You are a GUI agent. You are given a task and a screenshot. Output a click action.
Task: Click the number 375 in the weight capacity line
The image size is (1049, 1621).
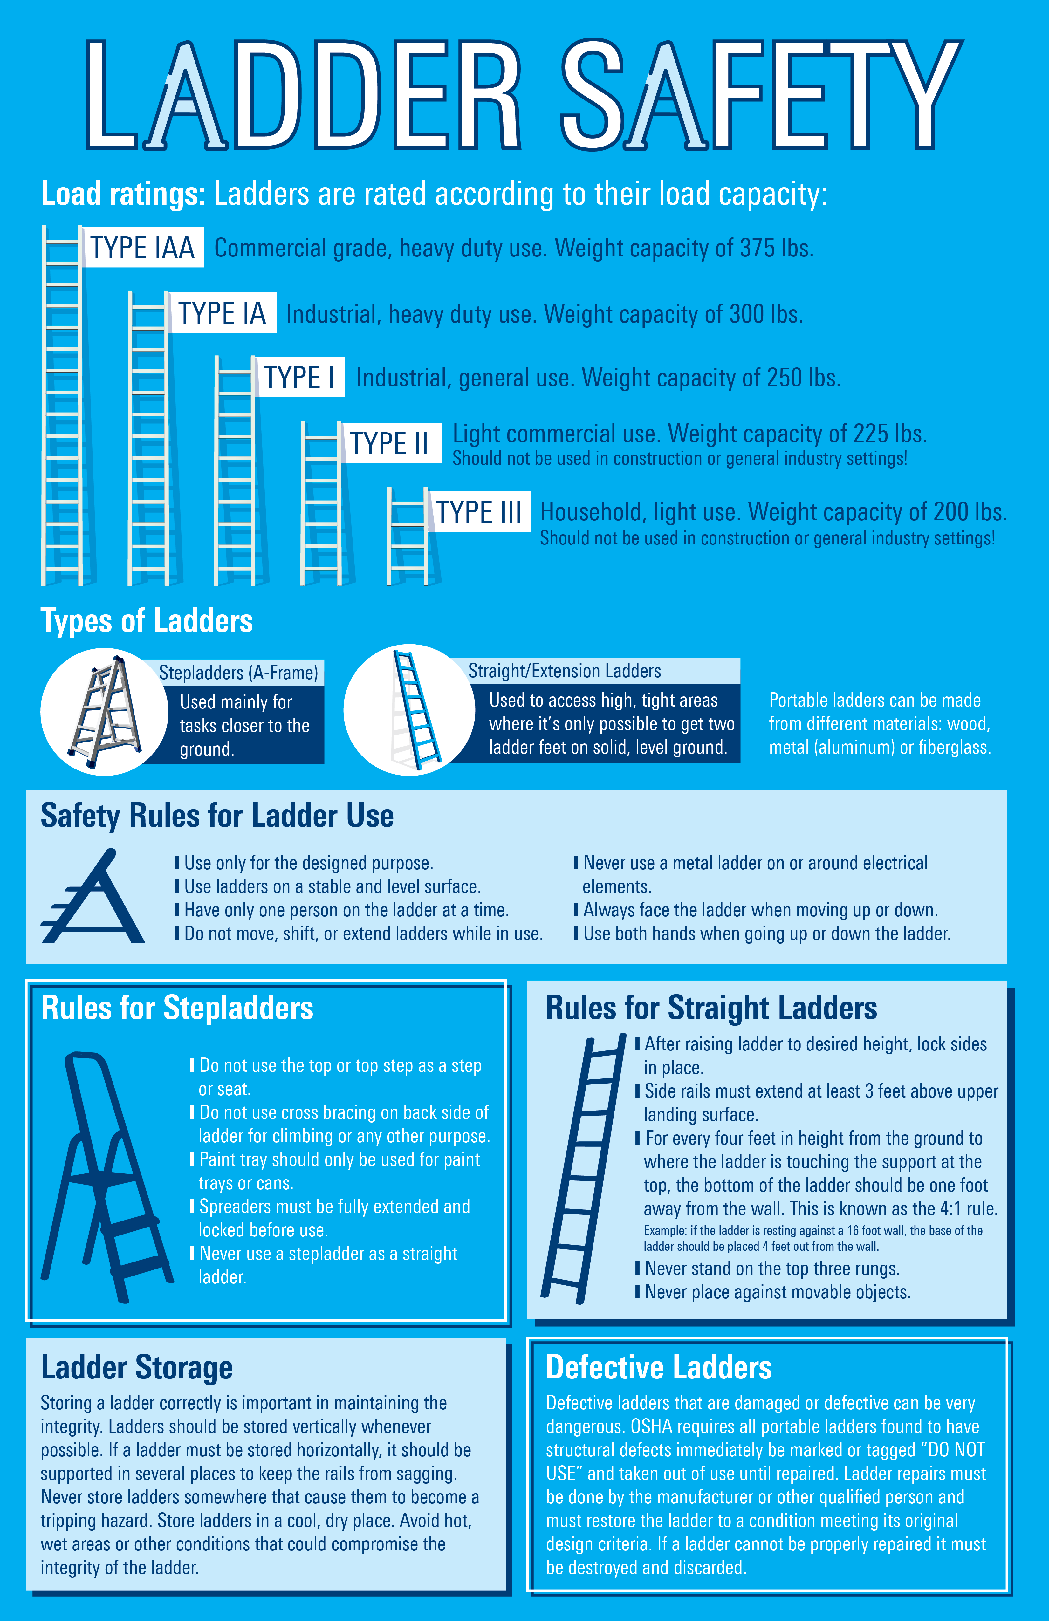pos(757,249)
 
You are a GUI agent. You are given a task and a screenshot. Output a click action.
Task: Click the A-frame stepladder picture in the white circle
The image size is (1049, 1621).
pos(106,712)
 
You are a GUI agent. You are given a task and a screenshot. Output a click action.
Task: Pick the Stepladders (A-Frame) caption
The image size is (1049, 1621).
pos(238,673)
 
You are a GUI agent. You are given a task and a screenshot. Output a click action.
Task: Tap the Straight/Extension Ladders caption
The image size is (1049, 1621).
pos(564,671)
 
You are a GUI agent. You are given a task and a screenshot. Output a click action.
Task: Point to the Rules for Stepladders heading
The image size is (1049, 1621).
pos(177,1008)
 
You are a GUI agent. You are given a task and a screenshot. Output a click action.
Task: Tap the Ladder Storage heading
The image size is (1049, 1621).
pos(136,1367)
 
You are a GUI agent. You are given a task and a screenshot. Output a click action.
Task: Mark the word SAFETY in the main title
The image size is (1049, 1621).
pos(759,95)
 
